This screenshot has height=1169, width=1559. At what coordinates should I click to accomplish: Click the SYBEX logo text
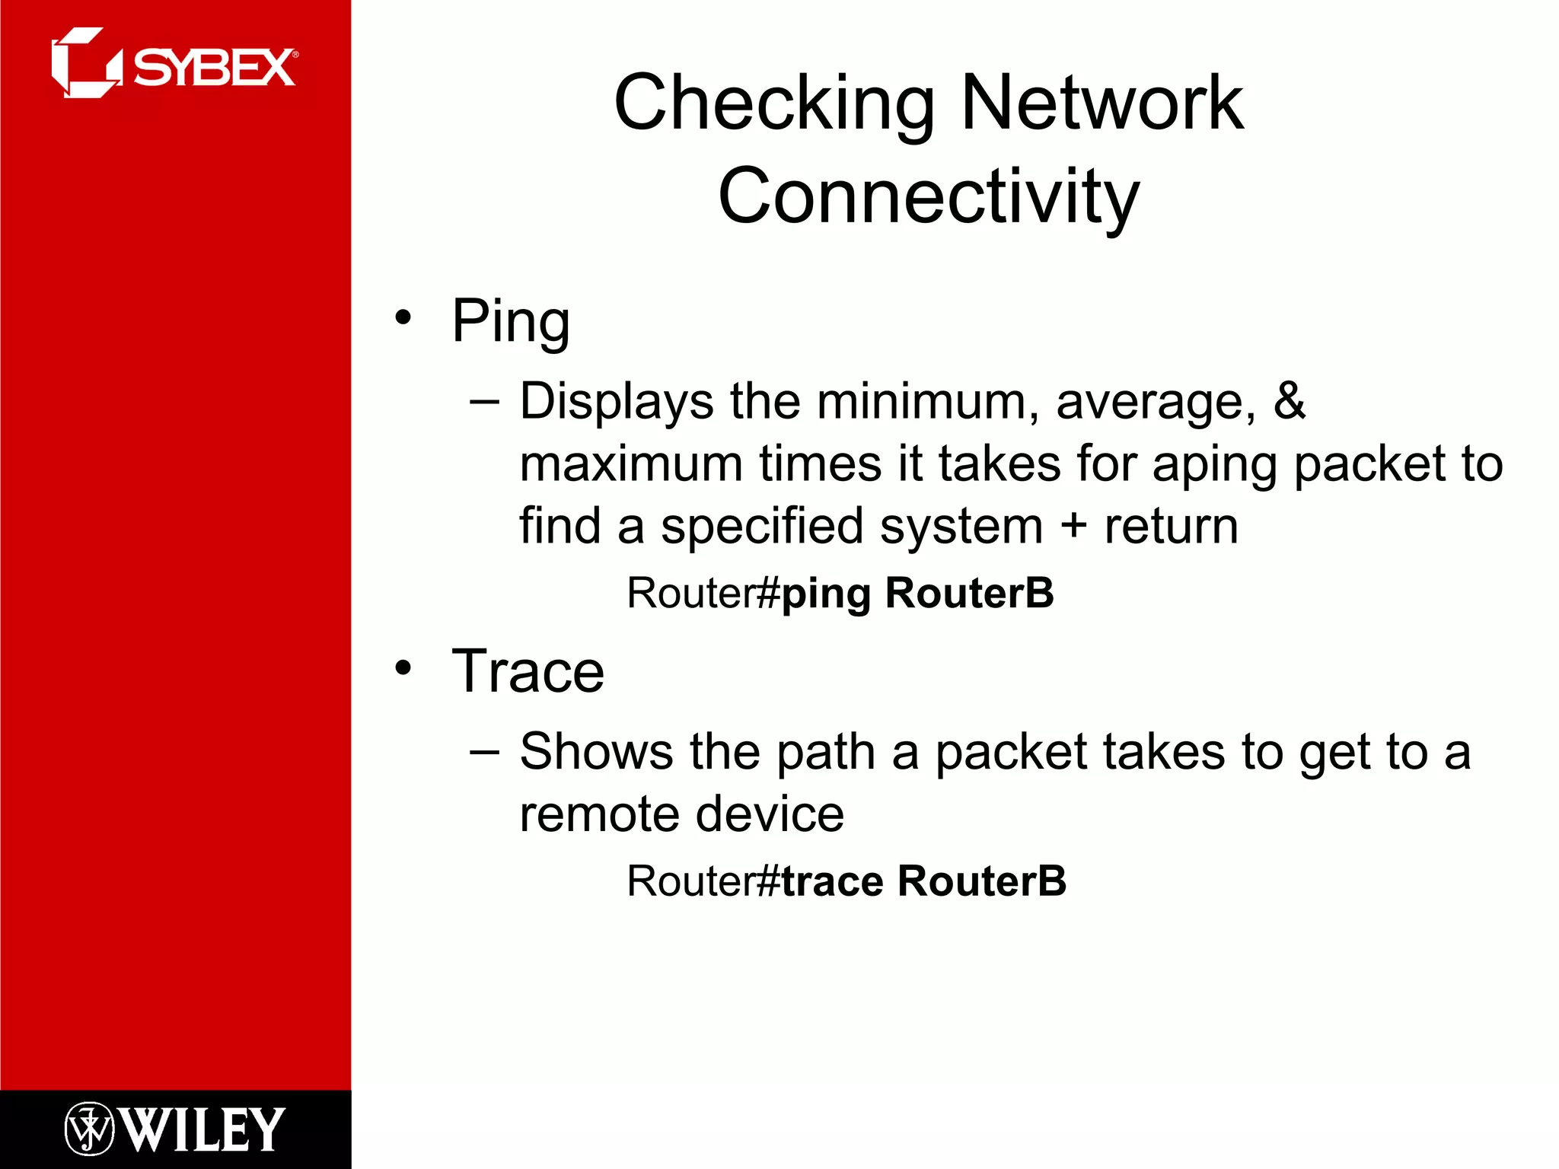coord(215,68)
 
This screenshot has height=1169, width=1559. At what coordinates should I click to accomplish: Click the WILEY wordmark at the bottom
coord(203,1129)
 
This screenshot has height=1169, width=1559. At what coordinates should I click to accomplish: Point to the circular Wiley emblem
coord(89,1129)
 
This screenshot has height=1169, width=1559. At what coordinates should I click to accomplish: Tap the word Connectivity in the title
coord(929,196)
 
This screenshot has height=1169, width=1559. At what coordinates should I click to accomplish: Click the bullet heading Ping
coord(510,322)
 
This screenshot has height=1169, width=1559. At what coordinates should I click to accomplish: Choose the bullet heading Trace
coord(528,671)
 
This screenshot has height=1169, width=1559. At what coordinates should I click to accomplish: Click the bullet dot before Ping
coord(403,317)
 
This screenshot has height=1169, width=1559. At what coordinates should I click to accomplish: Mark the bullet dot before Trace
coord(403,668)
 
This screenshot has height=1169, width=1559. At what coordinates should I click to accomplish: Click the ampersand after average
coord(1290,401)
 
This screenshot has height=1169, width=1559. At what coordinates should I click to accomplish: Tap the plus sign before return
coord(1073,526)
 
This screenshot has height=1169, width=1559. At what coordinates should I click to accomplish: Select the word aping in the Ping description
coord(1214,464)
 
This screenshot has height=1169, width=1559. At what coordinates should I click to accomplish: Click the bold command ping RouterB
coord(917,593)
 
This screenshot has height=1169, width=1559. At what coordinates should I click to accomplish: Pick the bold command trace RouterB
coord(923,881)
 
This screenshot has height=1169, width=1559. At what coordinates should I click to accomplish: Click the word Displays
coord(616,402)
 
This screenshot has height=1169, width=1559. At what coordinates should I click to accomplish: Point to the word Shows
coord(596,752)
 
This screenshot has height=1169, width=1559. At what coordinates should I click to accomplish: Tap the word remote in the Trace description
coord(599,814)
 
